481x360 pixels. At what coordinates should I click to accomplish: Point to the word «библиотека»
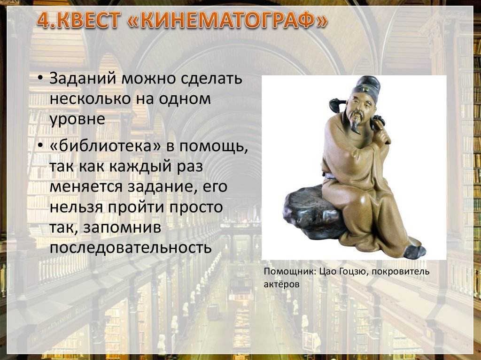pos(104,146)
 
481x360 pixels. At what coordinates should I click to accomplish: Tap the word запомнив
pos(117,227)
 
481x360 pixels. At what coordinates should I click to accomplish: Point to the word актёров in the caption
pos(281,284)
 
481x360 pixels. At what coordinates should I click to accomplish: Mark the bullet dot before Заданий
pos(41,78)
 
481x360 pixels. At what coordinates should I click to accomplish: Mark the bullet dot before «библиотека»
pos(41,147)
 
